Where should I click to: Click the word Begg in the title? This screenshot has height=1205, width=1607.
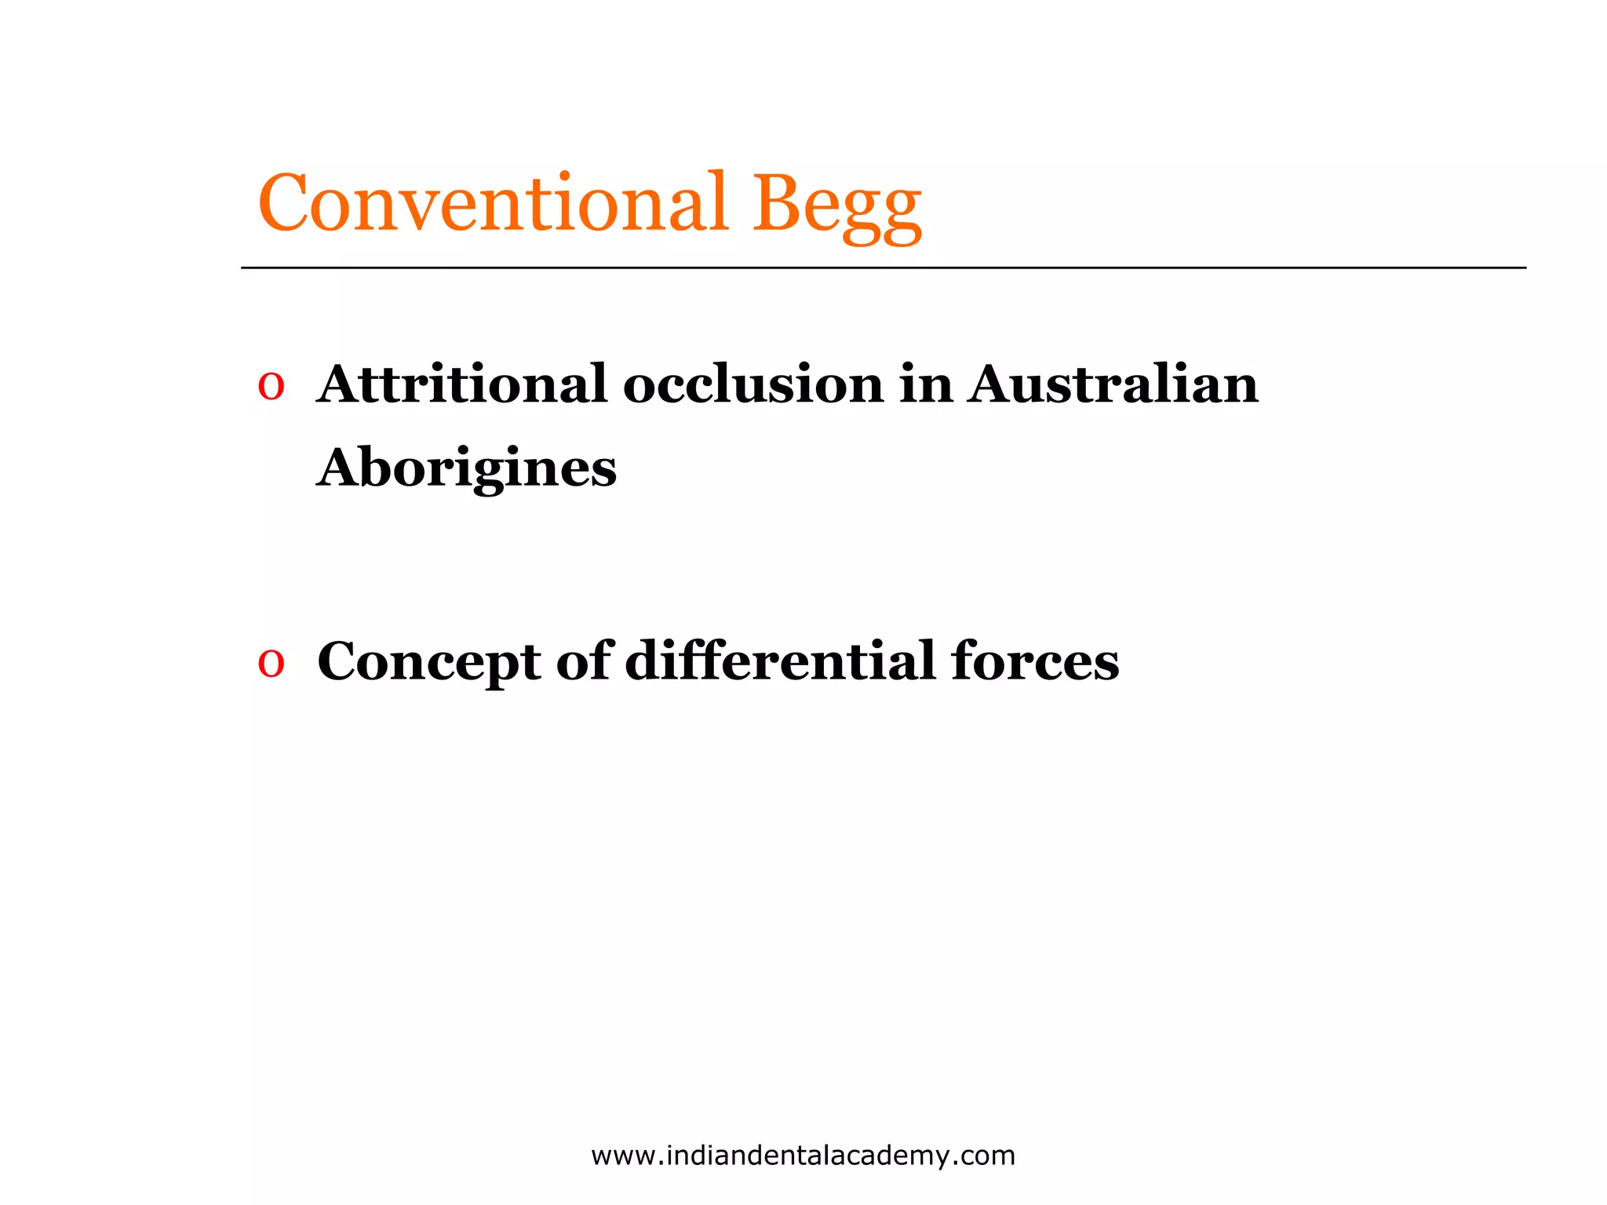pyautogui.click(x=836, y=206)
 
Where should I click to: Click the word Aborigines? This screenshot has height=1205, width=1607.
pyautogui.click(x=467, y=469)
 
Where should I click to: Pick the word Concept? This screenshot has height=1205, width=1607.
pyautogui.click(x=428, y=662)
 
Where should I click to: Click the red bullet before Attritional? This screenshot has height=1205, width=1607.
pyautogui.click(x=271, y=387)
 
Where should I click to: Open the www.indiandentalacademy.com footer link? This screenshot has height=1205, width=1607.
pyautogui.click(x=803, y=1156)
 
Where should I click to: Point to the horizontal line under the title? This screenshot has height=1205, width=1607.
pyautogui.click(x=883, y=268)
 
